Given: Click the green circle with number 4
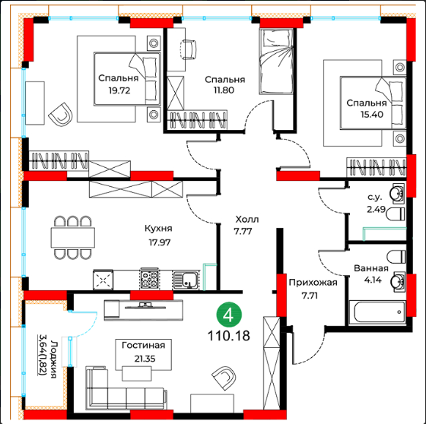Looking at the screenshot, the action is click(229, 315).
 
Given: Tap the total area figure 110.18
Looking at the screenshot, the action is click(229, 336).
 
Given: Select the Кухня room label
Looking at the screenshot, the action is click(158, 229).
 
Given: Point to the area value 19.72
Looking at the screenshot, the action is click(119, 90).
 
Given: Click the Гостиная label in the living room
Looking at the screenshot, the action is click(144, 345).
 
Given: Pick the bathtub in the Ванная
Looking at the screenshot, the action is click(377, 312).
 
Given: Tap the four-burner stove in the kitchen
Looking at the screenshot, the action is click(150, 279).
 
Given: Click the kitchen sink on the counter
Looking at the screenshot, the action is click(186, 280).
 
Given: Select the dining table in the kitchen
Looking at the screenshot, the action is click(73, 238).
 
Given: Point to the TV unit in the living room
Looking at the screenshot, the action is click(144, 310).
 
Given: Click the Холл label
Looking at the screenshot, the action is click(247, 220).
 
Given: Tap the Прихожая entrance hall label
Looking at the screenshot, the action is click(313, 283).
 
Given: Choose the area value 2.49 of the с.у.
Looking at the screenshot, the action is click(376, 209).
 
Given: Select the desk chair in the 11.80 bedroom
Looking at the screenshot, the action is click(189, 49).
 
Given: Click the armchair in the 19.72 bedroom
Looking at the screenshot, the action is click(61, 114).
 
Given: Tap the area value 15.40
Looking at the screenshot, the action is click(372, 115).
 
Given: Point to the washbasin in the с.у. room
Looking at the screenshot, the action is click(397, 194).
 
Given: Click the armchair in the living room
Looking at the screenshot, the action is click(224, 378).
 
